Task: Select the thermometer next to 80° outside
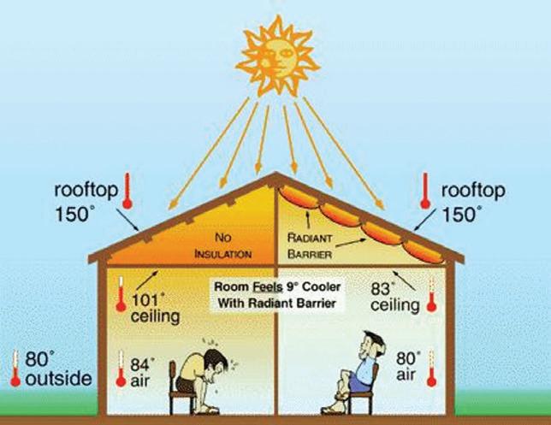14,367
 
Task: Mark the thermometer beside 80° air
431,368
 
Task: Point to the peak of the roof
275,174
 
